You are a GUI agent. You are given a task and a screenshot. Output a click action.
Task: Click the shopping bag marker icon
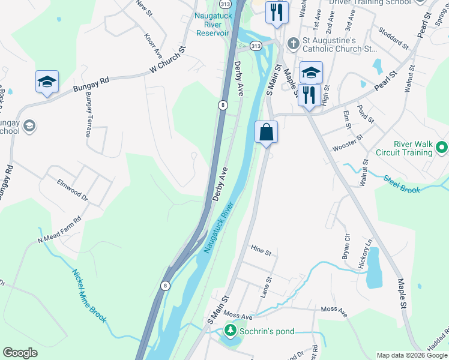[267, 131]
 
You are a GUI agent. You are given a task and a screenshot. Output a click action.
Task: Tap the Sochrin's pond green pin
[230, 330]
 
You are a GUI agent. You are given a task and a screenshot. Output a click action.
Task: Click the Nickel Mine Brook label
[89, 296]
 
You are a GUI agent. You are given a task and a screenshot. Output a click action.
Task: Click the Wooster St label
[348, 144]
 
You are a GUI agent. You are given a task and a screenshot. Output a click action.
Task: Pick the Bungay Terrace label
[88, 115]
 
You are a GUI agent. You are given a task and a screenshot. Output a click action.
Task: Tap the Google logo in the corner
[20, 353]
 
